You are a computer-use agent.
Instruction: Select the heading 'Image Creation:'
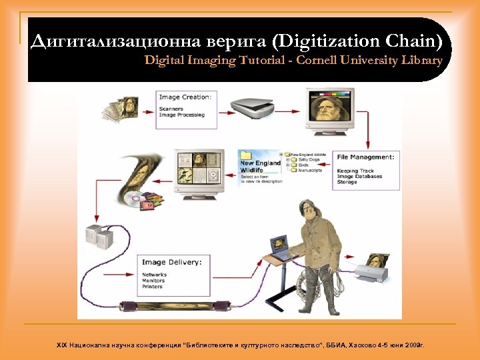tap(185, 97)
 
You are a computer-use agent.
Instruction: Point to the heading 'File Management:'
tap(365, 157)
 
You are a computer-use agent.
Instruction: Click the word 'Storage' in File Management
tap(347, 182)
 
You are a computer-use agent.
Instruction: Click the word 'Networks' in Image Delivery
tap(154, 275)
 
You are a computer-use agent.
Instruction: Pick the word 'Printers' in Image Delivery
tap(152, 287)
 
